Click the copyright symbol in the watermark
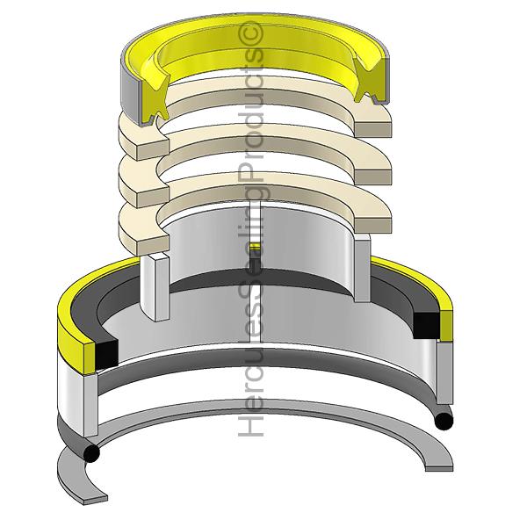(250, 33)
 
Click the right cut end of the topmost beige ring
(373, 130)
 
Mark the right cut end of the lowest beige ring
(373, 226)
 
